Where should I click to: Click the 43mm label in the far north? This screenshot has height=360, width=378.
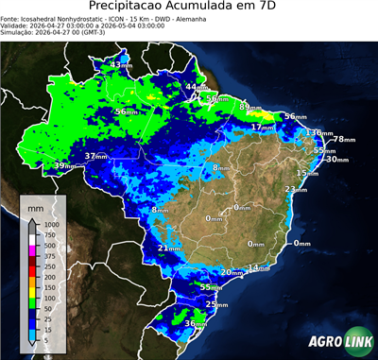(x=122, y=64)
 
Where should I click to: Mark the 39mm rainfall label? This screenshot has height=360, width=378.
(x=64, y=166)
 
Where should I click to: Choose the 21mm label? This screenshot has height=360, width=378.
(x=169, y=249)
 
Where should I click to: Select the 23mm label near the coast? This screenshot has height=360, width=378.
(x=297, y=190)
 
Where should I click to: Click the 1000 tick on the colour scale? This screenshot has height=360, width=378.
(x=50, y=225)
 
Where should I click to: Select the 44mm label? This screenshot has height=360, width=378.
(x=196, y=87)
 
